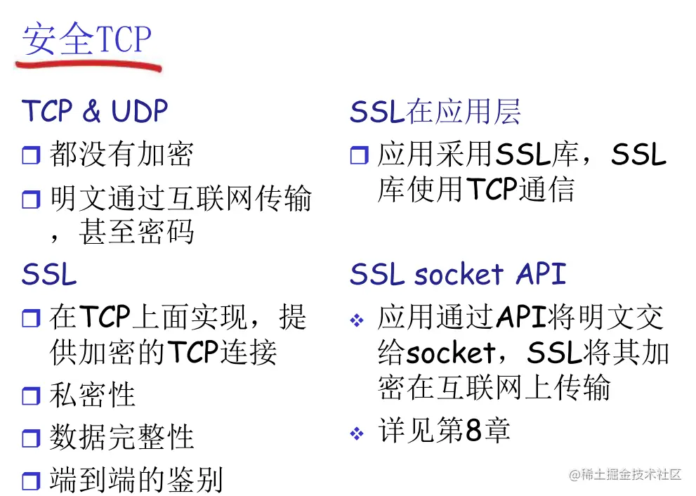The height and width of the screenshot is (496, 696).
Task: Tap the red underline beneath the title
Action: [88, 66]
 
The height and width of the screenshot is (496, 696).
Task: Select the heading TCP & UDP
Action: [95, 111]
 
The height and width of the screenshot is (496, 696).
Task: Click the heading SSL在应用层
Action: [435, 112]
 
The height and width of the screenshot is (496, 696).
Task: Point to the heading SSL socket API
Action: [458, 274]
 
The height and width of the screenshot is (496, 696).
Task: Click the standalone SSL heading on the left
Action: [49, 275]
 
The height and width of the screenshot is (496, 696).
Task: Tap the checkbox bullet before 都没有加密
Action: [32, 155]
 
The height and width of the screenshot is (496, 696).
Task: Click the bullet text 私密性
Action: [92, 395]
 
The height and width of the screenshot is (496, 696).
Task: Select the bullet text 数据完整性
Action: [121, 437]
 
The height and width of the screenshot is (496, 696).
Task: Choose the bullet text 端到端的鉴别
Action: [136, 479]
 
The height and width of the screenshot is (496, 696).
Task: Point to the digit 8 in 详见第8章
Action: [473, 431]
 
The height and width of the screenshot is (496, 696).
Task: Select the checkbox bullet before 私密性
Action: [32, 396]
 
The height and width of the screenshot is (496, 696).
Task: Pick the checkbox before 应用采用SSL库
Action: [360, 155]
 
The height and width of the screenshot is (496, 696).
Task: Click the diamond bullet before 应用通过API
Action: [357, 321]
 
